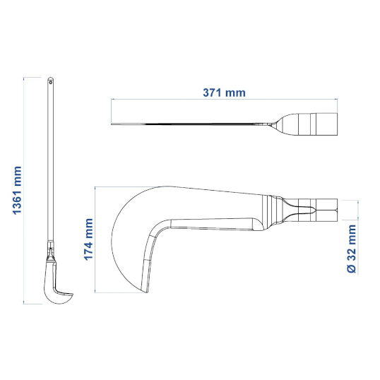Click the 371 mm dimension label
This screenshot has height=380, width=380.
[224, 93]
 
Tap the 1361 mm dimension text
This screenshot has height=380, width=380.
[17, 191]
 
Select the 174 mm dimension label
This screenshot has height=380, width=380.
[88, 239]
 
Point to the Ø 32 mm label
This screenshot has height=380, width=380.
[352, 249]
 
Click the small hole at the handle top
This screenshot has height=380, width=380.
[51, 83]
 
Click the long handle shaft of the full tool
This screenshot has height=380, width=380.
[50, 160]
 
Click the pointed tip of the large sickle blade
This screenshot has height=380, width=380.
[147, 292]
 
